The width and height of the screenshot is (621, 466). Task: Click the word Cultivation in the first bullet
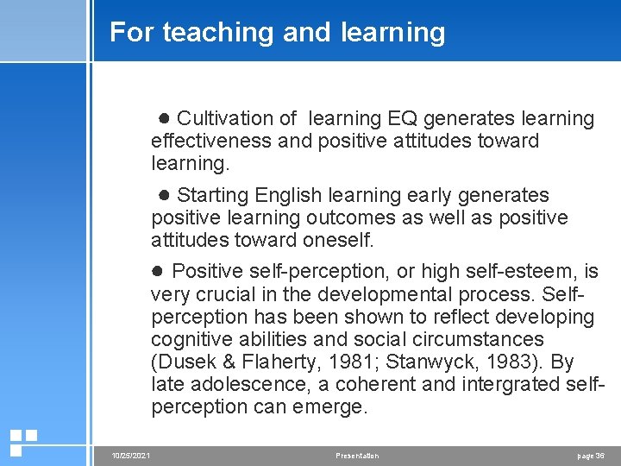click(227, 118)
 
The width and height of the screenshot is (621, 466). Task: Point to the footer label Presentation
click(357, 456)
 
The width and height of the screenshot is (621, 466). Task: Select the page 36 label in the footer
click(591, 456)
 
